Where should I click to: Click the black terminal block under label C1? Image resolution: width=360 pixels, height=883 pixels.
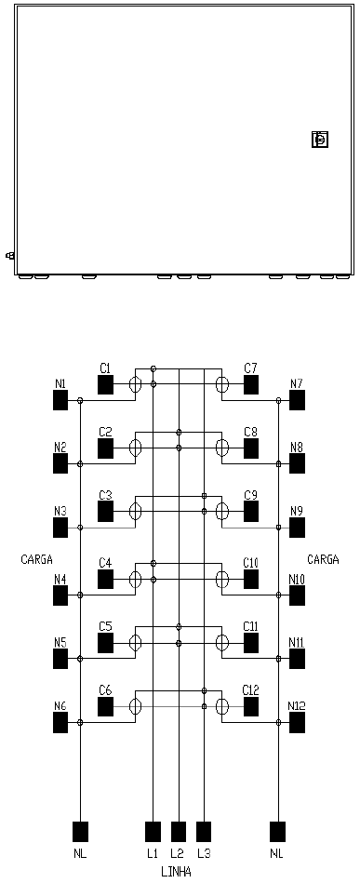105,385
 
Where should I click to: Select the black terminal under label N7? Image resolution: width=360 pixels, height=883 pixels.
297,400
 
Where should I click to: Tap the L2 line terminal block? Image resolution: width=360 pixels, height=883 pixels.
178,831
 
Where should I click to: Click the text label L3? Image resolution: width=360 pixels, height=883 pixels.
204,854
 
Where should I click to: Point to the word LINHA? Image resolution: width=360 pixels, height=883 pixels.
176,873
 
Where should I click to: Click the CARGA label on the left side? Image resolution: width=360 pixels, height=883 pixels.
36,560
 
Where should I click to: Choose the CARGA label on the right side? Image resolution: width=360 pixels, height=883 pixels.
324,560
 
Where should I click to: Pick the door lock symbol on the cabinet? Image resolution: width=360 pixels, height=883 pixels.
320,139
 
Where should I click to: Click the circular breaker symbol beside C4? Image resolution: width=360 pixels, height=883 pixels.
135,579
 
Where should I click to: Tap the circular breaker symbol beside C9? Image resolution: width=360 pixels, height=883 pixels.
222,512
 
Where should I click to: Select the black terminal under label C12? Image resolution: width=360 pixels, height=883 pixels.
251,706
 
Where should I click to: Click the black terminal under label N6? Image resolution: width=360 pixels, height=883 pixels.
60,723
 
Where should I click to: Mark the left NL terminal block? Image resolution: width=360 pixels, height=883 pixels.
81,831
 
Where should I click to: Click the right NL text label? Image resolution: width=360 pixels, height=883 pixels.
276,854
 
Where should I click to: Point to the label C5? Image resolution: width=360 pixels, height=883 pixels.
105,626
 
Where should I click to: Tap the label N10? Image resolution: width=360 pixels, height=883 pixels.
297,579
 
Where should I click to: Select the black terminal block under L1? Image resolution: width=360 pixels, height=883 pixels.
153,831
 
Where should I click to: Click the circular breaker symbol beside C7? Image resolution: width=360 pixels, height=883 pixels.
222,385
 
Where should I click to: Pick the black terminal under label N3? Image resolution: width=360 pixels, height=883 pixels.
60,528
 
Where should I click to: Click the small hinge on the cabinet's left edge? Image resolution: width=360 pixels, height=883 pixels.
9,256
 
